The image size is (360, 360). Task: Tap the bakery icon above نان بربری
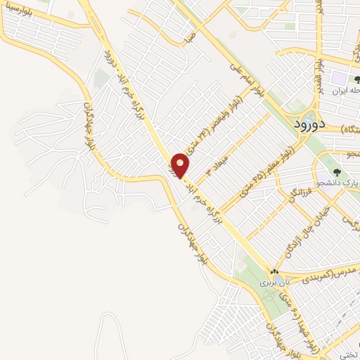(274, 272)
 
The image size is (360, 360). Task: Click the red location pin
(181, 165)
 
